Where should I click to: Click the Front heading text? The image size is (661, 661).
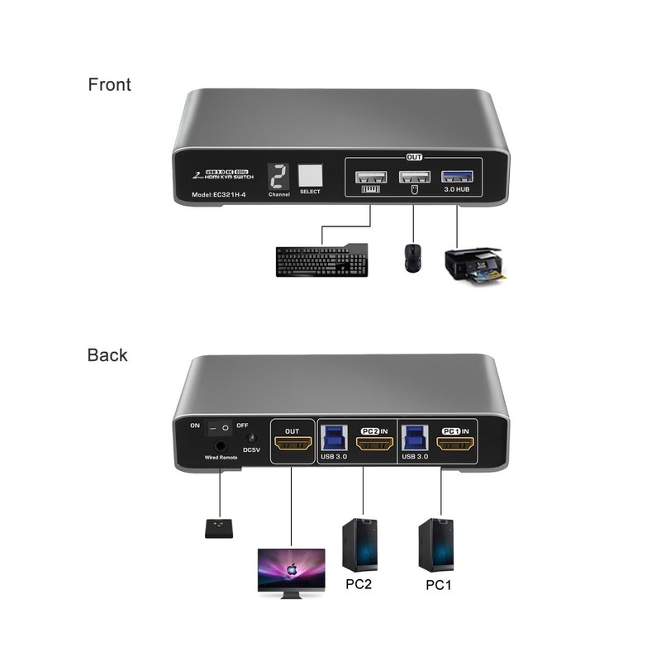pos(109,84)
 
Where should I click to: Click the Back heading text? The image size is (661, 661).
pos(107,355)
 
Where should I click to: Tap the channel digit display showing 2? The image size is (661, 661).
pos(278,175)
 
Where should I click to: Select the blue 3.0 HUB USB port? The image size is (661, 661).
pos(456,175)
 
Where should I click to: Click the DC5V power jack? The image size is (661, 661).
pos(253,440)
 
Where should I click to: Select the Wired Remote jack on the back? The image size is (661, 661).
pos(221,445)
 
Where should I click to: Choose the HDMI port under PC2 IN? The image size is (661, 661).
pos(373,447)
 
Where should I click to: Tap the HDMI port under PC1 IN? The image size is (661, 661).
pos(455,446)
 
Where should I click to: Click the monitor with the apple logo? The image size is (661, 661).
pos(290,569)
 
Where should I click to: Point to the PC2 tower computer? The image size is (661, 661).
pos(359,546)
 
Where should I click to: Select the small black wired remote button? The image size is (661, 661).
pos(219,526)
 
